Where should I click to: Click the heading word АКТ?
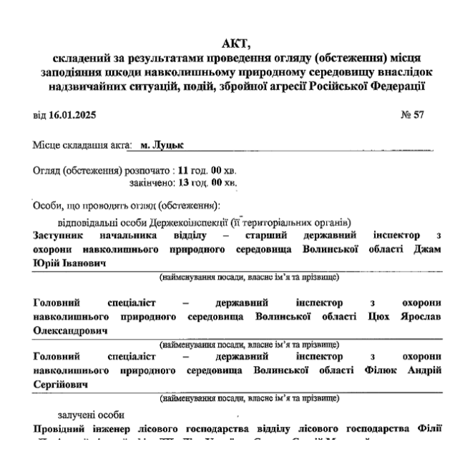(236, 41)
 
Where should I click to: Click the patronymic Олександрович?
(70, 332)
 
